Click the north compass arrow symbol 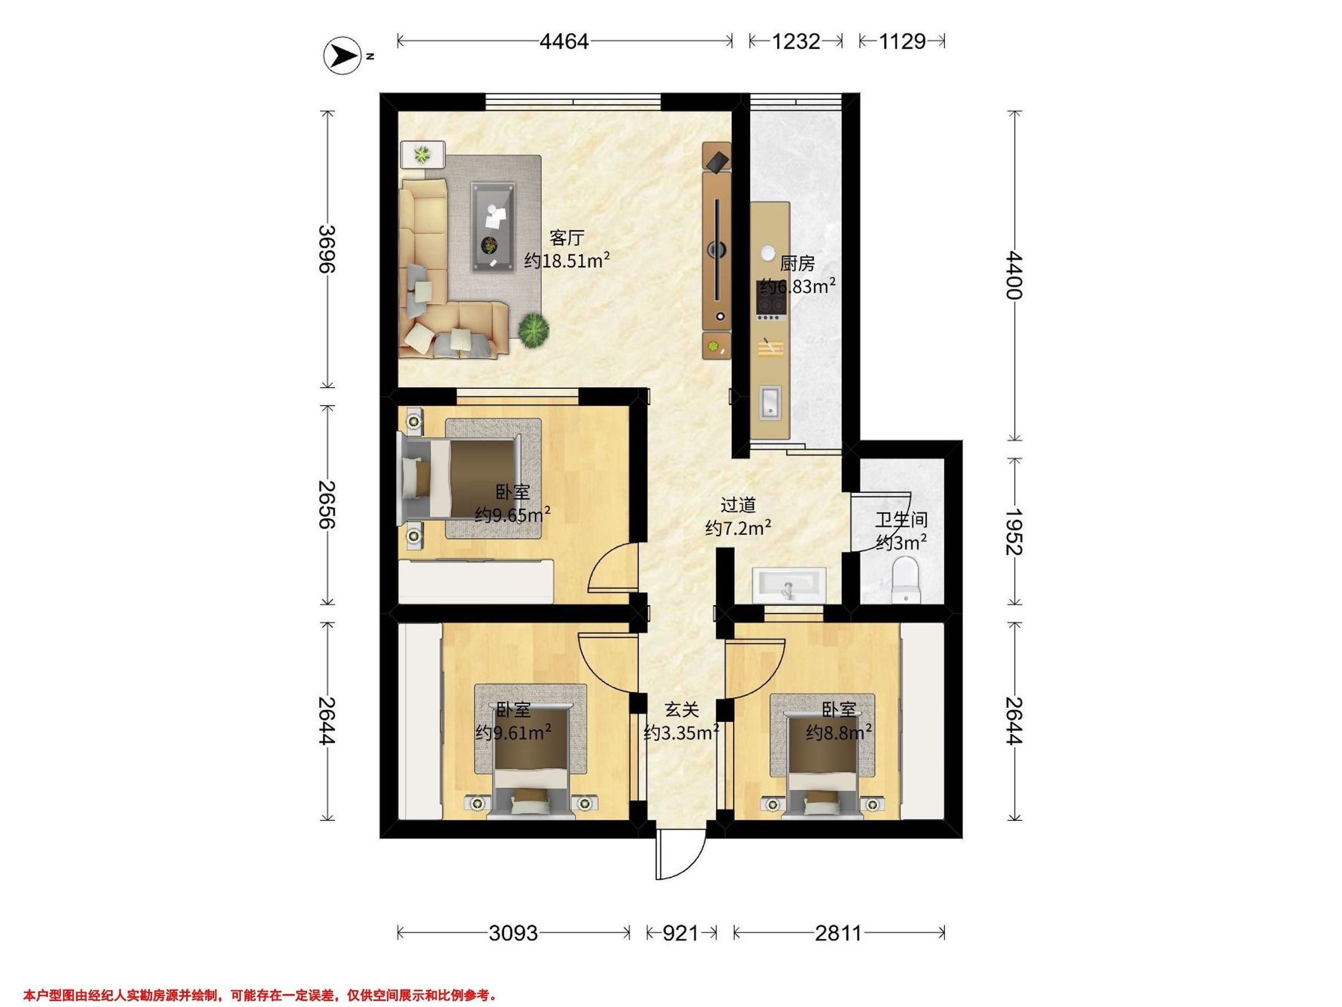pyautogui.click(x=342, y=57)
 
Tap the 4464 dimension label pyautogui.click(x=564, y=41)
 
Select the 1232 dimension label pyautogui.click(x=796, y=41)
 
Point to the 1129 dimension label pyautogui.click(x=902, y=41)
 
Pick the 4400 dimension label pyautogui.click(x=1014, y=276)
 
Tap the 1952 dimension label pyautogui.click(x=1014, y=531)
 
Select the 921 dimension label pyautogui.click(x=681, y=933)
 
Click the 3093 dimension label pyautogui.click(x=513, y=933)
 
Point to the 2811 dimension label pyautogui.click(x=838, y=933)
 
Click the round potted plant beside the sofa pyautogui.click(x=534, y=330)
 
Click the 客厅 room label pyautogui.click(x=566, y=237)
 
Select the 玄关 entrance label pyautogui.click(x=681, y=709)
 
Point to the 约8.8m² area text pyautogui.click(x=839, y=733)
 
